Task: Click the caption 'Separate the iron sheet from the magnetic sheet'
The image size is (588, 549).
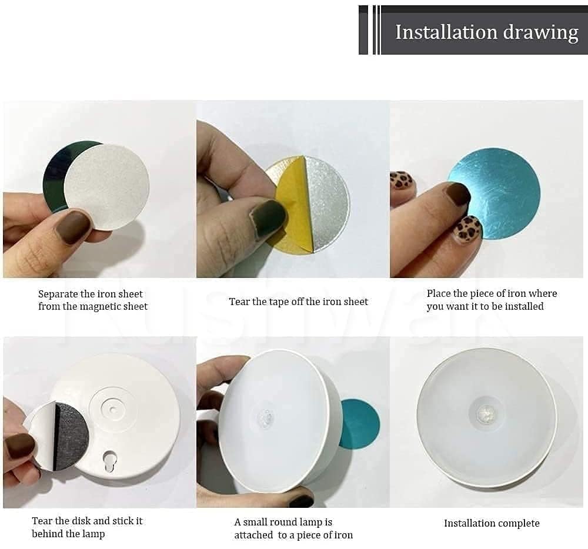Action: click(92, 300)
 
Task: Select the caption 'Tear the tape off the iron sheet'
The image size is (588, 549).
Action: click(298, 302)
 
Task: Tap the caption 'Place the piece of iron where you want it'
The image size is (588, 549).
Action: click(492, 300)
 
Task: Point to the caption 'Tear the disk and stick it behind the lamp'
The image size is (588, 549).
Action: click(86, 527)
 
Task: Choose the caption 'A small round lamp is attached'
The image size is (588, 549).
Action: click(293, 528)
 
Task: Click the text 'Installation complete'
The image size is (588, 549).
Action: click(491, 523)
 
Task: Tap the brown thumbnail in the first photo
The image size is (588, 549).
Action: click(73, 226)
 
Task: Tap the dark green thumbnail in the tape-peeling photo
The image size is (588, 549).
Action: click(268, 219)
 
